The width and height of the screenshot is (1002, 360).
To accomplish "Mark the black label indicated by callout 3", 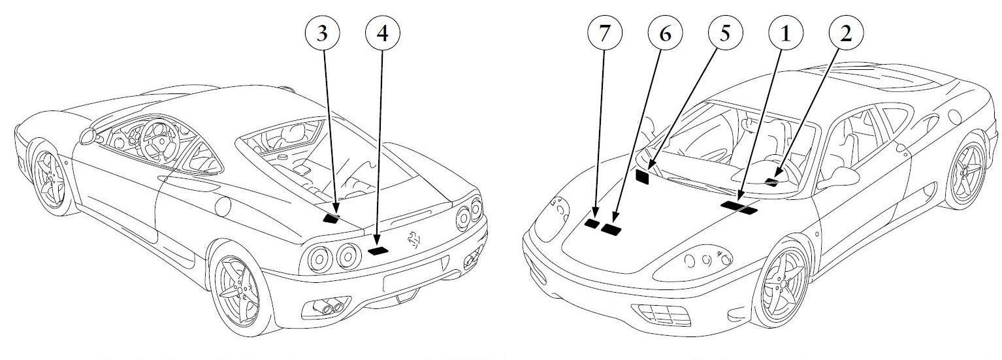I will point(332,218).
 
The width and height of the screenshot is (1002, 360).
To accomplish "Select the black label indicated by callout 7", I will point(592,223).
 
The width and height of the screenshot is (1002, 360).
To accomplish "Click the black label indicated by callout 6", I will point(612,229).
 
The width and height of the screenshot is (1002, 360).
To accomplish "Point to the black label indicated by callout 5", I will point(643,176).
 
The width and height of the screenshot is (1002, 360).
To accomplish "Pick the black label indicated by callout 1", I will point(739,207).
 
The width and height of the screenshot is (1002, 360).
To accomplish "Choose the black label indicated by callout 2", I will point(773,181).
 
